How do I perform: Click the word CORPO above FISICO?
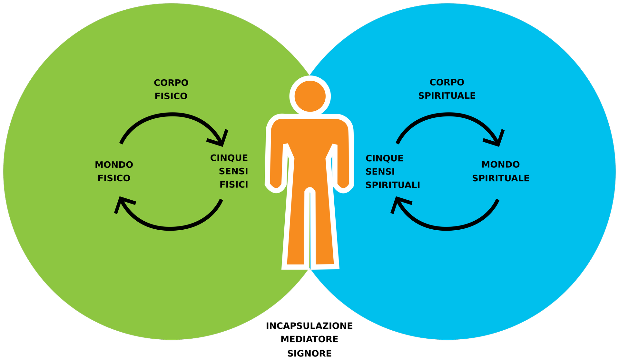(171, 83)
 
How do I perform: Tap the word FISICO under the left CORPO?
(171, 96)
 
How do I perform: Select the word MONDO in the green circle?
(114, 165)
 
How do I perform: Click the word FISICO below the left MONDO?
(114, 178)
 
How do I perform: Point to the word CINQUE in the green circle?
(229, 158)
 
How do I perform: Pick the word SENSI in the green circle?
(233, 171)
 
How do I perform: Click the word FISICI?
(234, 185)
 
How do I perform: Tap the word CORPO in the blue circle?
(447, 83)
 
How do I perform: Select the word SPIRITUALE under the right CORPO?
(447, 96)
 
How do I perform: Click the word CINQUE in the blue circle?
(384, 158)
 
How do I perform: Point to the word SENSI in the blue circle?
(380, 172)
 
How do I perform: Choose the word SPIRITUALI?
(393, 185)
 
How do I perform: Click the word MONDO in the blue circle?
(500, 165)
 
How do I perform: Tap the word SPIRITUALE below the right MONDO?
(501, 178)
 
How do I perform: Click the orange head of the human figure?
(310, 96)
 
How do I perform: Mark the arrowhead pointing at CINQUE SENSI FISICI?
(220, 139)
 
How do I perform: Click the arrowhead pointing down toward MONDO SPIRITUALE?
(496, 139)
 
